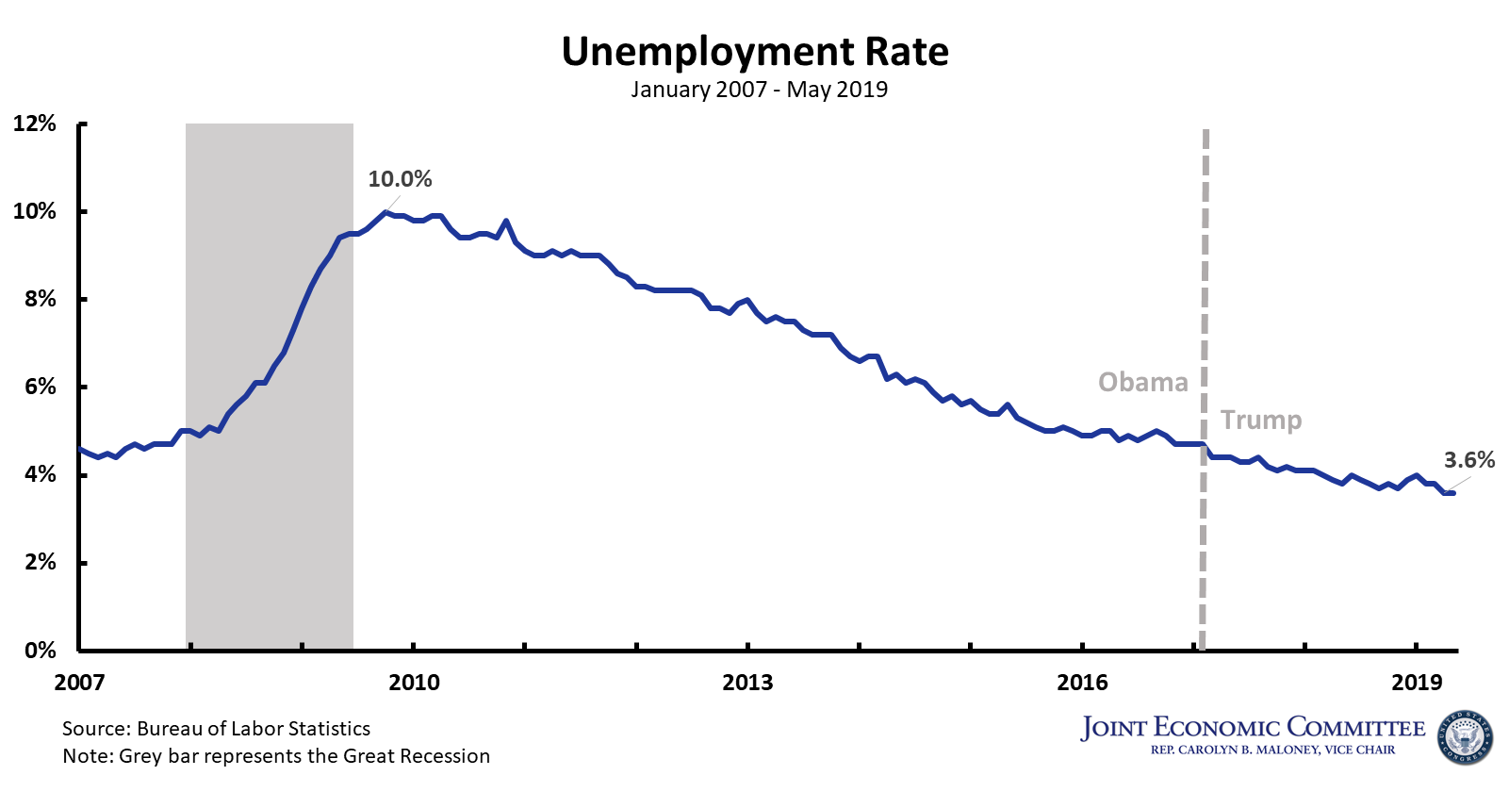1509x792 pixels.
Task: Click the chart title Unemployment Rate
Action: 755,52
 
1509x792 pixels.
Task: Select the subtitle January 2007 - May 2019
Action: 759,90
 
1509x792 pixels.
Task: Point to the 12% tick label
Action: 35,124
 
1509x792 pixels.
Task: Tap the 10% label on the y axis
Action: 35,211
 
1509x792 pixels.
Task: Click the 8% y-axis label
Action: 40,299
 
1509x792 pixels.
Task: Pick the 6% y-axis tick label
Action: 40,387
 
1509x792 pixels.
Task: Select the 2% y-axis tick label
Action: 40,562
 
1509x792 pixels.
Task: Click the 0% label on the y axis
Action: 40,650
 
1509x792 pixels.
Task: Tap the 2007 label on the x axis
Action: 79,683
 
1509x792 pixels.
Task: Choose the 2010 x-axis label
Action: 414,683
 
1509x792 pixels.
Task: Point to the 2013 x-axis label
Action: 747,683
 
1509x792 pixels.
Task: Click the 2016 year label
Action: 1082,683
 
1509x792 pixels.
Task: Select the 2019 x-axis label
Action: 1417,683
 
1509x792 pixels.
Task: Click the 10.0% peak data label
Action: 400,179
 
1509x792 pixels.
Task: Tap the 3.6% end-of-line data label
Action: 1469,460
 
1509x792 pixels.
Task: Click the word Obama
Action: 1142,382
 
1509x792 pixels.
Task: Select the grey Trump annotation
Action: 1261,420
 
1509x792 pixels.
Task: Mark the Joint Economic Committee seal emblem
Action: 1465,737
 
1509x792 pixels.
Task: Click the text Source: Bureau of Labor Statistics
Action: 216,729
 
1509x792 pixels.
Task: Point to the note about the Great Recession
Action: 276,756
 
